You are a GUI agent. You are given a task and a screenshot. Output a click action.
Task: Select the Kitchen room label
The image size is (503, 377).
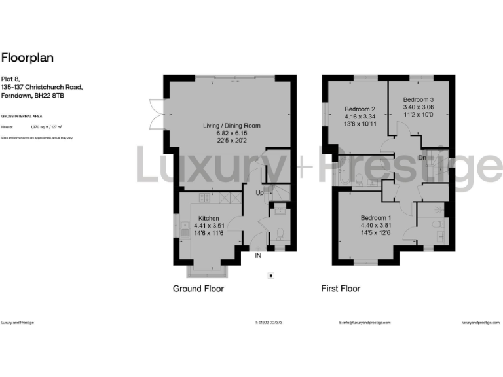(209, 219)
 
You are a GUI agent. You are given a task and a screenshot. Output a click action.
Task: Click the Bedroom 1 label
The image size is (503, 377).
(375, 219)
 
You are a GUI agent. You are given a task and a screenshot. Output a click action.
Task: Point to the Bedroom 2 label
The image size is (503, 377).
(360, 109)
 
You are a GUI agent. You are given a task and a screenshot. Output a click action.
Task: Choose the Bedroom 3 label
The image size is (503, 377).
(418, 99)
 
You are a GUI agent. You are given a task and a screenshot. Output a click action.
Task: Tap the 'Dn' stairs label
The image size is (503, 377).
(422, 158)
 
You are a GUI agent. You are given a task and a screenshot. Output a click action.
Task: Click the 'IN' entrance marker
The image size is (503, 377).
(259, 256)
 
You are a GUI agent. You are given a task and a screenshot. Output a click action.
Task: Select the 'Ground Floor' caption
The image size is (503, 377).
(198, 289)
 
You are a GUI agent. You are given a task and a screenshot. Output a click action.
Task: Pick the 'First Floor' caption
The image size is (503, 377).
(341, 289)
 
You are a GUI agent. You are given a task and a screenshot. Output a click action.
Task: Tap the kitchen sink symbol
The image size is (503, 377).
(184, 229)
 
